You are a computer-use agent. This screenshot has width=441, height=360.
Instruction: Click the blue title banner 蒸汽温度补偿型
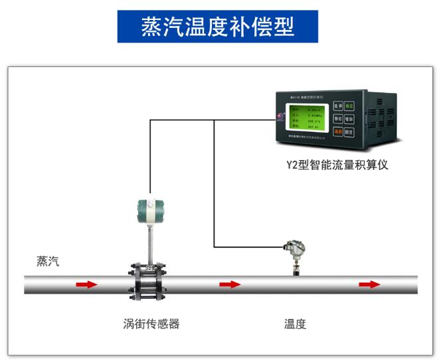(x=218, y=27)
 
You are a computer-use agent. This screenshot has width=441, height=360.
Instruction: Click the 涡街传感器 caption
(x=151, y=324)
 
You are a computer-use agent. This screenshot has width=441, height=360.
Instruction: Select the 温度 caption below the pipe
(x=296, y=324)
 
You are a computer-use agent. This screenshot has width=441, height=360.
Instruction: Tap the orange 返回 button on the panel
(x=338, y=133)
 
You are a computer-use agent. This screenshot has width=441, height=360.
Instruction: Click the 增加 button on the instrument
(x=349, y=120)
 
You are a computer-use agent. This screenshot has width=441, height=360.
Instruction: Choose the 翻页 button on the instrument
(x=349, y=133)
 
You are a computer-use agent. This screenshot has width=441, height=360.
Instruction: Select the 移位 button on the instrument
(x=338, y=120)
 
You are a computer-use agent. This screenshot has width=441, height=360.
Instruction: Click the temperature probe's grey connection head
(x=293, y=249)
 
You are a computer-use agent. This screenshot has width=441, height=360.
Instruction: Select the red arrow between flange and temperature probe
(x=230, y=284)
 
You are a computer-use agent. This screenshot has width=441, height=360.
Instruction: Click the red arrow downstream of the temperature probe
(x=369, y=284)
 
